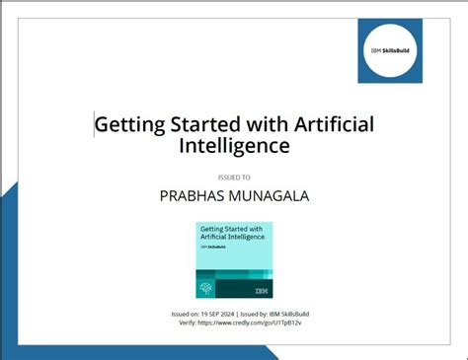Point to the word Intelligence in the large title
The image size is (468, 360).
pyautogui.click(x=234, y=147)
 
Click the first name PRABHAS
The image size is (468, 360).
pyautogui.click(x=195, y=196)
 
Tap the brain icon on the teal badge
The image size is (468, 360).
pyautogui.click(x=205, y=289)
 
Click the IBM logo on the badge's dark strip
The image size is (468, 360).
pyautogui.click(x=261, y=290)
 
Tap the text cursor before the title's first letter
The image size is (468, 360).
pyautogui.click(x=95, y=125)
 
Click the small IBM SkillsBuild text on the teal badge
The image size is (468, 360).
pyautogui.click(x=211, y=248)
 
